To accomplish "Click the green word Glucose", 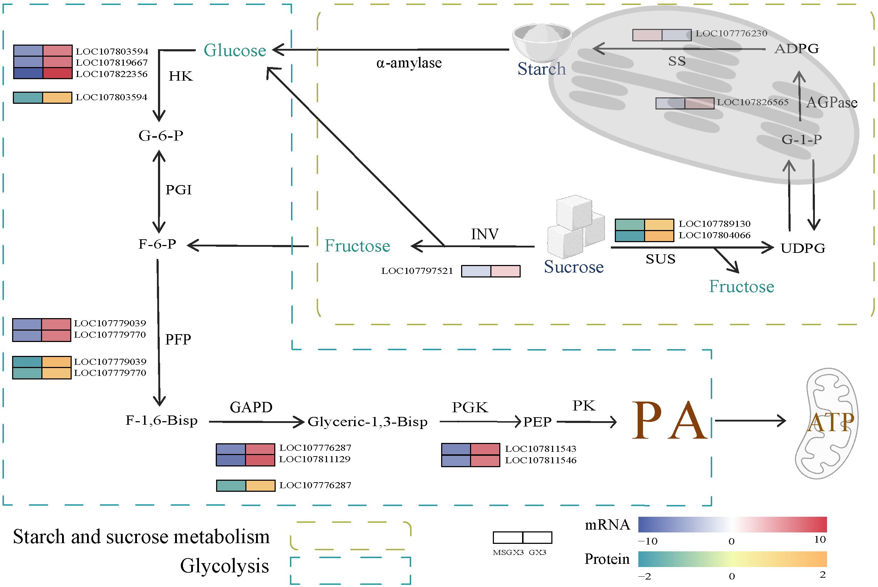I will [x=235, y=50].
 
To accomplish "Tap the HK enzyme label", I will [x=180, y=76].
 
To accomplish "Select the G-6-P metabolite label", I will [x=161, y=136].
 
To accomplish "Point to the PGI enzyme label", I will [x=179, y=190].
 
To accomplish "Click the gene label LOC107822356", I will [x=112, y=74].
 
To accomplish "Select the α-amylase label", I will [x=409, y=63].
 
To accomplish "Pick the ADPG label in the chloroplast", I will [x=796, y=49].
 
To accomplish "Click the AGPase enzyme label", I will [x=832, y=103].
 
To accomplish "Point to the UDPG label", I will [x=803, y=248].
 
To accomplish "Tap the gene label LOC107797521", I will [x=417, y=271].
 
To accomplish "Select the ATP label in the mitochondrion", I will [x=831, y=423].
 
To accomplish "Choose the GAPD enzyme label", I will [x=251, y=407].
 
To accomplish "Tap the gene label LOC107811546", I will [x=540, y=460].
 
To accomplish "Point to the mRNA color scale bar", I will [x=732, y=525].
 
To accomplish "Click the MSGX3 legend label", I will [x=508, y=552].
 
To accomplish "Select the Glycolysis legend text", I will [x=225, y=566].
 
